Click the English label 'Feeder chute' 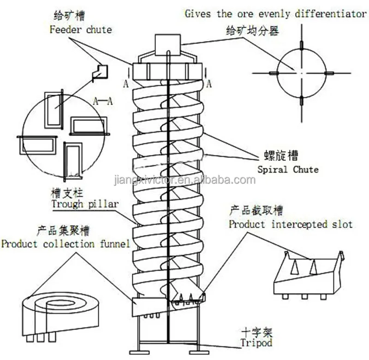coord(80,30)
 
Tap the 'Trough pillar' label coord(84,203)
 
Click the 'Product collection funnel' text coord(65,244)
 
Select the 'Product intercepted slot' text coord(291,224)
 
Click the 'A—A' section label coord(103,100)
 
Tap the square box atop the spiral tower coord(167,45)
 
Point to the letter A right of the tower coord(208,83)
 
